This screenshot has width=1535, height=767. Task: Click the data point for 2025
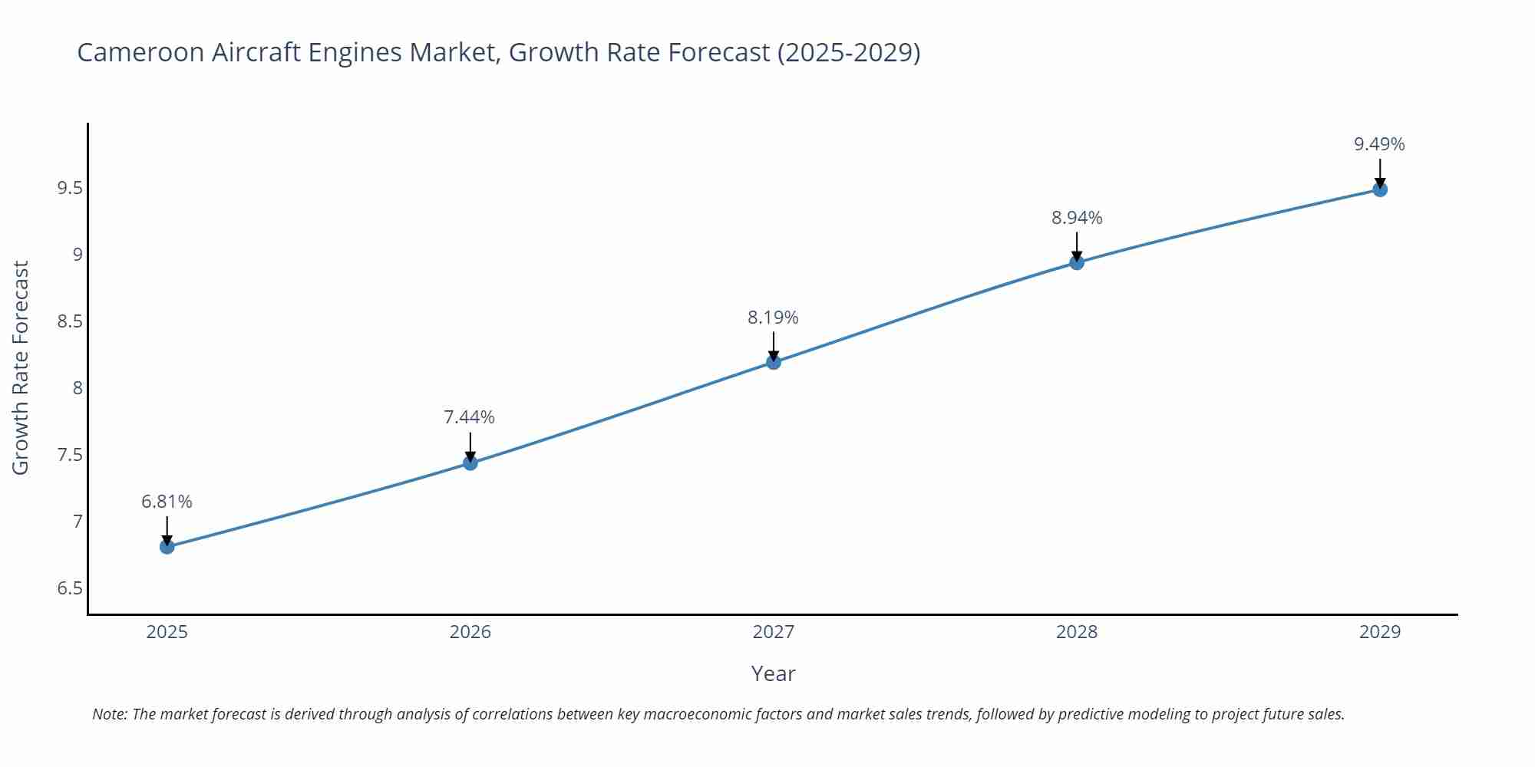click(167, 546)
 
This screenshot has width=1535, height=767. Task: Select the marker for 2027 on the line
click(774, 362)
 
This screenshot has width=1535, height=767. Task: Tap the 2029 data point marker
click(1380, 189)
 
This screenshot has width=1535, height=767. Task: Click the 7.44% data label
click(469, 417)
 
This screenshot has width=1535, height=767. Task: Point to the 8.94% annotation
click(1077, 218)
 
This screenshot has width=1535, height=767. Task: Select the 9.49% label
click(1379, 144)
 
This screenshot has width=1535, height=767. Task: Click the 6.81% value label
click(167, 502)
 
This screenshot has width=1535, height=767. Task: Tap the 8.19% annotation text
click(773, 318)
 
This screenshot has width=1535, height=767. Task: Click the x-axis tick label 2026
click(470, 632)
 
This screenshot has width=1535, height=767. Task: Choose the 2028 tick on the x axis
click(1077, 632)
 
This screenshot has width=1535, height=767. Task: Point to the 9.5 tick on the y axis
click(70, 188)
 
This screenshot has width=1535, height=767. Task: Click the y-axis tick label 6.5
click(70, 588)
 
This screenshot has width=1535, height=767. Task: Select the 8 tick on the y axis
click(78, 388)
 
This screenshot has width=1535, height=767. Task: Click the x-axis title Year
click(773, 673)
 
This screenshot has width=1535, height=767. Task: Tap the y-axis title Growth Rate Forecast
click(21, 368)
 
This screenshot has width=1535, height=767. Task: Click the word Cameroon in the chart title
click(140, 52)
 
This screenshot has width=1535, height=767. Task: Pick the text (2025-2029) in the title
click(848, 52)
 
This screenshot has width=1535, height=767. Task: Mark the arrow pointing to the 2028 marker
click(1077, 246)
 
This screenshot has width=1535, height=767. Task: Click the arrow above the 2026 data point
click(470, 446)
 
